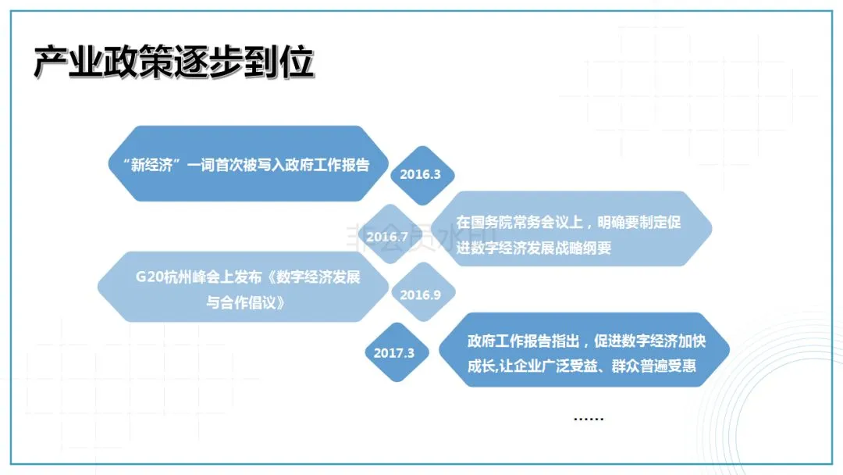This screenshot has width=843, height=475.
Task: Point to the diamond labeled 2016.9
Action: point(421,295)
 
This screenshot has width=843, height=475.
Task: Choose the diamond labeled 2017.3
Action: point(394,352)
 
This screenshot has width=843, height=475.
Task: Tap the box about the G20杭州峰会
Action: point(244,287)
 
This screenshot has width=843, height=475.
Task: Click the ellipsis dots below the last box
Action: point(589,418)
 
